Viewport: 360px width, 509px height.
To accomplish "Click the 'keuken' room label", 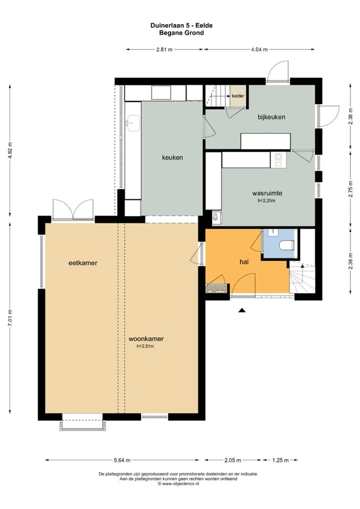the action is pyautogui.click(x=172, y=157).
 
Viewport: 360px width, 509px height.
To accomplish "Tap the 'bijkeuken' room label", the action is pyautogui.click(x=271, y=117).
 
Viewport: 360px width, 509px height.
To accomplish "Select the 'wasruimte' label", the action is pyautogui.click(x=267, y=193).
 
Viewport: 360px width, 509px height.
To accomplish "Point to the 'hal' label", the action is pyautogui.click(x=244, y=261).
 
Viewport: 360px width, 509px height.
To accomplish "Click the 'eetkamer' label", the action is pyautogui.click(x=83, y=263).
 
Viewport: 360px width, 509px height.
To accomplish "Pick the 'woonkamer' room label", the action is pyautogui.click(x=146, y=338).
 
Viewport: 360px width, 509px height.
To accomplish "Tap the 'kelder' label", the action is pyautogui.click(x=238, y=96).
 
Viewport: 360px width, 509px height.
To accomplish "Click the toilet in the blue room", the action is pyautogui.click(x=286, y=245).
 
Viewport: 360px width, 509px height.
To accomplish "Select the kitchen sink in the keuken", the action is pyautogui.click(x=133, y=123).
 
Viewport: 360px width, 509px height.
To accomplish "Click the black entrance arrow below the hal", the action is pyautogui.click(x=242, y=310).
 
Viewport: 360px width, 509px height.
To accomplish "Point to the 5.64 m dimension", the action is pyautogui.click(x=122, y=460).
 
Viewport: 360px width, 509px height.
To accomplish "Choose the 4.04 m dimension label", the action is pyautogui.click(x=259, y=49).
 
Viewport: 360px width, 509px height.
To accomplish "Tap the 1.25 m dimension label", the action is pyautogui.click(x=280, y=460).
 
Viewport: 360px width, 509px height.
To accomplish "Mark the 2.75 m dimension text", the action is pyautogui.click(x=350, y=189).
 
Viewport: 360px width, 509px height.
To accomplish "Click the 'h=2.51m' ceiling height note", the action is pyautogui.click(x=145, y=346).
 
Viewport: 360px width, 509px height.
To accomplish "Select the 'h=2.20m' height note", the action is pyautogui.click(x=266, y=200).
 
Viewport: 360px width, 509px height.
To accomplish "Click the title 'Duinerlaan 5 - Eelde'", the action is pyautogui.click(x=181, y=25).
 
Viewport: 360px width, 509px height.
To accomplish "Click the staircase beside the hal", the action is pyautogui.click(x=302, y=277).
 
